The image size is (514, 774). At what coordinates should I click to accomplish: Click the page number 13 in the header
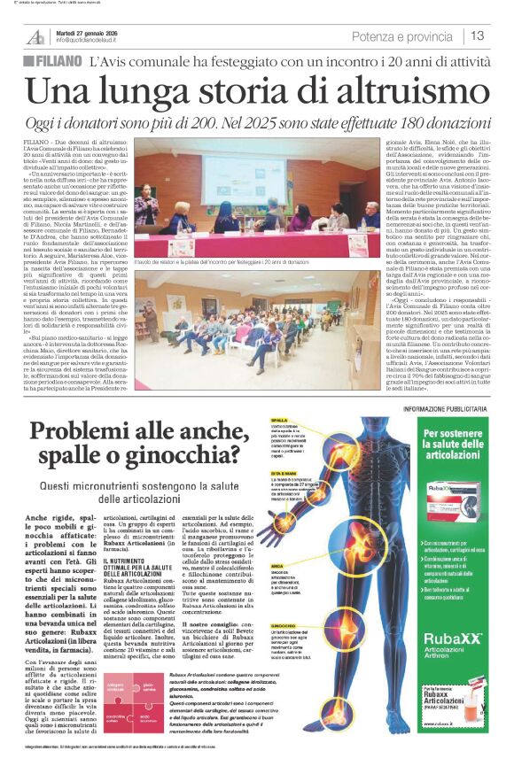[x=478, y=35]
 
